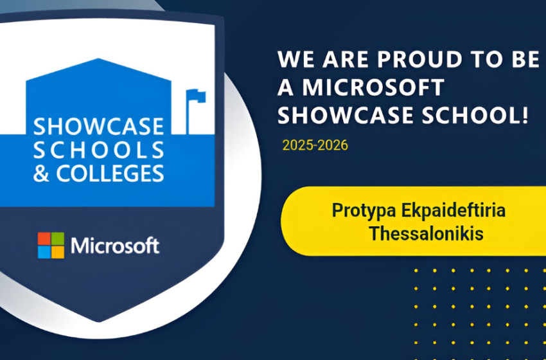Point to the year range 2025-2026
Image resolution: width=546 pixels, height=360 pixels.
click(x=315, y=145)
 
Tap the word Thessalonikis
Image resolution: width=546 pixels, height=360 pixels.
click(x=426, y=233)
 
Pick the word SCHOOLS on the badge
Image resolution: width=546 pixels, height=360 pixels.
click(x=98, y=150)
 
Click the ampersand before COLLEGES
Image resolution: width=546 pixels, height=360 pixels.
click(x=41, y=174)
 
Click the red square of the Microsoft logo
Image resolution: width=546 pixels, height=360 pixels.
click(x=44, y=239)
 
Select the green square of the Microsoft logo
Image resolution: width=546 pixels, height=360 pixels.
click(x=58, y=239)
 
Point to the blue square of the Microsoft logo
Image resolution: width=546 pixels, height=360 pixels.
click(x=44, y=252)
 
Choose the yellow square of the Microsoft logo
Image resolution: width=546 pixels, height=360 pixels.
click(x=58, y=252)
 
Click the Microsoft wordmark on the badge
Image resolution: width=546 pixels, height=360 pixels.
click(x=115, y=246)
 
